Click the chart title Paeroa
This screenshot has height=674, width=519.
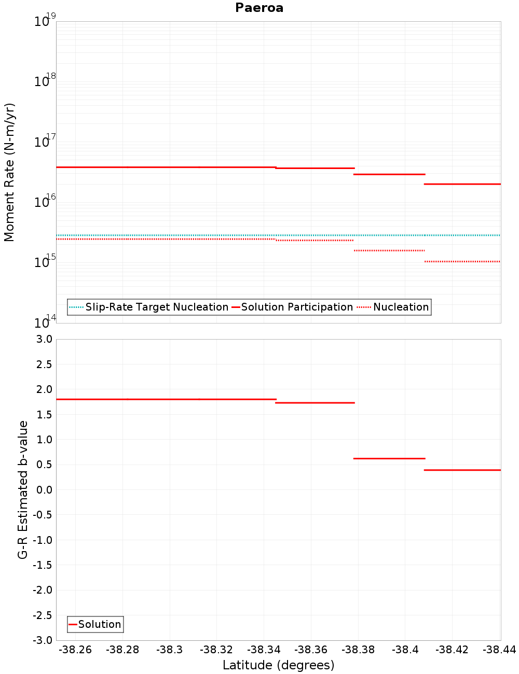[x=259, y=8]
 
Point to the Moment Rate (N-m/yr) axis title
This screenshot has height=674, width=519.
[x=9, y=172]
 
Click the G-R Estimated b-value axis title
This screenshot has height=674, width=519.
[x=23, y=489]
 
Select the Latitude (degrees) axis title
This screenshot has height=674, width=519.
[x=278, y=665]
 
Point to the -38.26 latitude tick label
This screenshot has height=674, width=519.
[x=75, y=650]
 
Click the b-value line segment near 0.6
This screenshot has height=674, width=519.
[x=389, y=458]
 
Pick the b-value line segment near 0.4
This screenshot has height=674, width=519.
[x=462, y=470]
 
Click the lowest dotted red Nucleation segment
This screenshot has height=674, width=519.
[x=462, y=261]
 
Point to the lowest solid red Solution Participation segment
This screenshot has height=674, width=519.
[x=462, y=184]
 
